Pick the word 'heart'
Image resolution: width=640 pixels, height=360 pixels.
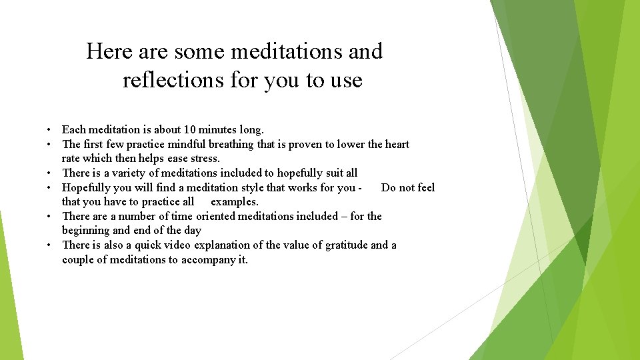(x=397, y=144)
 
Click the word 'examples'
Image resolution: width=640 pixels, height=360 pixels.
(x=234, y=201)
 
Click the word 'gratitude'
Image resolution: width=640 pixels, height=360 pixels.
(x=346, y=245)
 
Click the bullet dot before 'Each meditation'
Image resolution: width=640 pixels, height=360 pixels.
(x=50, y=130)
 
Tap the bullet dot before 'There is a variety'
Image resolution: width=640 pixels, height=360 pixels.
(x=50, y=173)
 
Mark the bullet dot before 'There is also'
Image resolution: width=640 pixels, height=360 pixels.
(x=50, y=245)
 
